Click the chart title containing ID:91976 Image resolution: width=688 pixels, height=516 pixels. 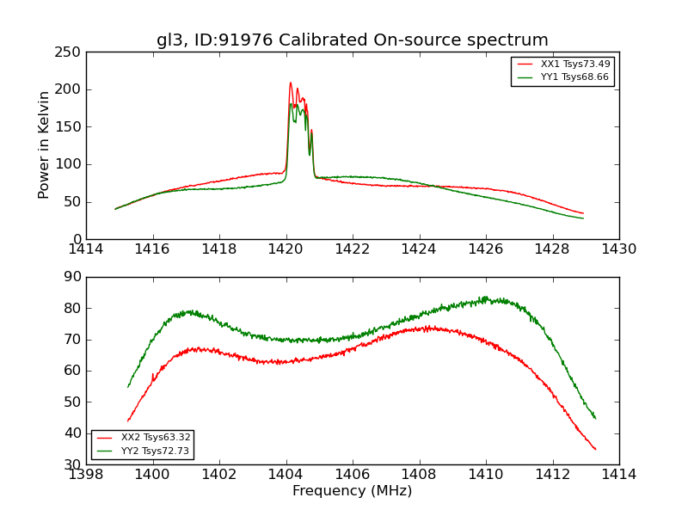(x=352, y=40)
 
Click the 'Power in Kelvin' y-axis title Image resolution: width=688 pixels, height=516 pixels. (x=44, y=145)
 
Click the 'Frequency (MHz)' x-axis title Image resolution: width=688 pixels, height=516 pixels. (x=352, y=491)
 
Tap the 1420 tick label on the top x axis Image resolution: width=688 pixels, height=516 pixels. (x=286, y=249)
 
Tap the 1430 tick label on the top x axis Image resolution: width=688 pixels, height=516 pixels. (x=619, y=249)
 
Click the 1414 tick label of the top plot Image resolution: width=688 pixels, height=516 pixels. (x=87, y=249)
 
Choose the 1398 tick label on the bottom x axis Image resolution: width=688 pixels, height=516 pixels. (x=87, y=474)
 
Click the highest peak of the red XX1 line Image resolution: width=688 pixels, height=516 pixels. (x=291, y=83)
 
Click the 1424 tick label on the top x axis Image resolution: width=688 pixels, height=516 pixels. (x=420, y=249)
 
